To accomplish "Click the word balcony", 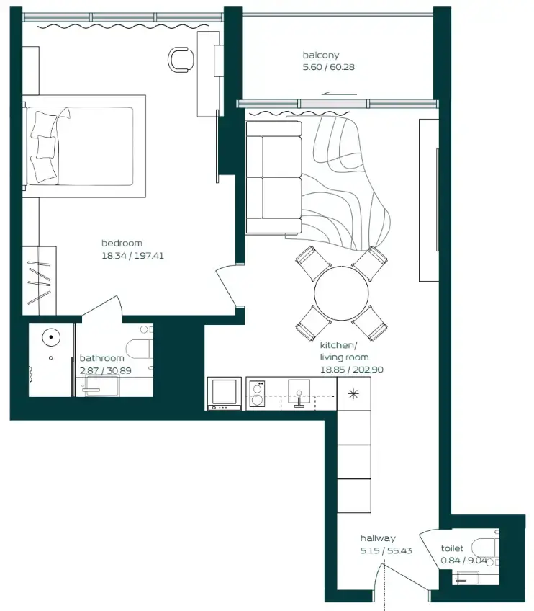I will click(x=320, y=55).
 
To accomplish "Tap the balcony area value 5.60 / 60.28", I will click(x=330, y=67).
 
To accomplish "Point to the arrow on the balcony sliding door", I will click(x=340, y=93).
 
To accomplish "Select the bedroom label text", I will click(x=122, y=243).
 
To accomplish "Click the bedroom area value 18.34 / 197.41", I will click(x=133, y=255).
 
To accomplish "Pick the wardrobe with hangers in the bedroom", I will click(x=39, y=280).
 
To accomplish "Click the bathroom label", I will click(x=101, y=358).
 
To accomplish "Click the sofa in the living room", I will click(x=273, y=177).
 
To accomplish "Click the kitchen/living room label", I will click(x=344, y=351).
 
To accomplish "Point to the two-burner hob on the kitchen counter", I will click(x=257, y=395).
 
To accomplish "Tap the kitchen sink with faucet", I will click(x=300, y=393).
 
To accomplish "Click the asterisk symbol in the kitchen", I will click(x=353, y=393).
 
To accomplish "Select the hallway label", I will click(x=378, y=538).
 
